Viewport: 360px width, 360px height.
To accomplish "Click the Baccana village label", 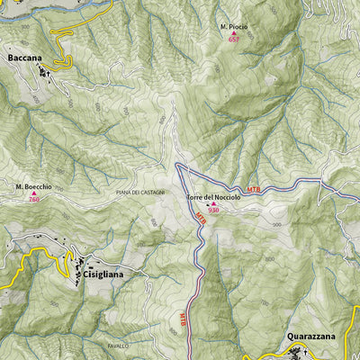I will pos(24,58).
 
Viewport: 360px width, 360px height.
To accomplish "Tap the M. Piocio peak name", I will pos(234,27).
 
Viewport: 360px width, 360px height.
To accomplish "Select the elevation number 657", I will pos(234,40).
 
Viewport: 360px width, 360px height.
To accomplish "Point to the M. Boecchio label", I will pos(33,186).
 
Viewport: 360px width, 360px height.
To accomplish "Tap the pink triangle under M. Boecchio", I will pos(33,193).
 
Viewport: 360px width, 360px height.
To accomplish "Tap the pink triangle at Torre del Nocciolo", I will pos(214,203).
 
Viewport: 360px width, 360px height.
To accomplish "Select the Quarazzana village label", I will pos(311,337).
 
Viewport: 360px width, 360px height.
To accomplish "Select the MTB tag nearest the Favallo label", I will pos(183,318).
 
